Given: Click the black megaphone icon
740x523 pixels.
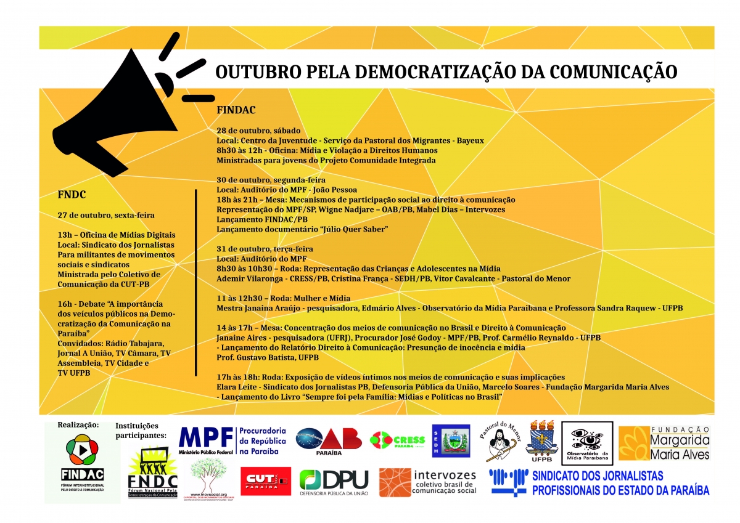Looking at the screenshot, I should point(117,114).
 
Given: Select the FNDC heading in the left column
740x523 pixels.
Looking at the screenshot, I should point(72,195).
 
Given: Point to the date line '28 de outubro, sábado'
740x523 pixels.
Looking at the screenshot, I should point(258,131).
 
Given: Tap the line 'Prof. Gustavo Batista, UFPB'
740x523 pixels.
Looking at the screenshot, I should point(268,357).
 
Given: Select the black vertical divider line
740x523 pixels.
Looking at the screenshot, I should point(195,282).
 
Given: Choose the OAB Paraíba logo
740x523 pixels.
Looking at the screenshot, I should point(329,441).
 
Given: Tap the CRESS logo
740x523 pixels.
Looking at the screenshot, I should point(398,440).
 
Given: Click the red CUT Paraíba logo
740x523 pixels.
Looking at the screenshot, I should point(265,481).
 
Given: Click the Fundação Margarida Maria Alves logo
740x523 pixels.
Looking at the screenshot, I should point(664,443).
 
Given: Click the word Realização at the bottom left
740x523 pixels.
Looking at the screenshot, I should point(78,424).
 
